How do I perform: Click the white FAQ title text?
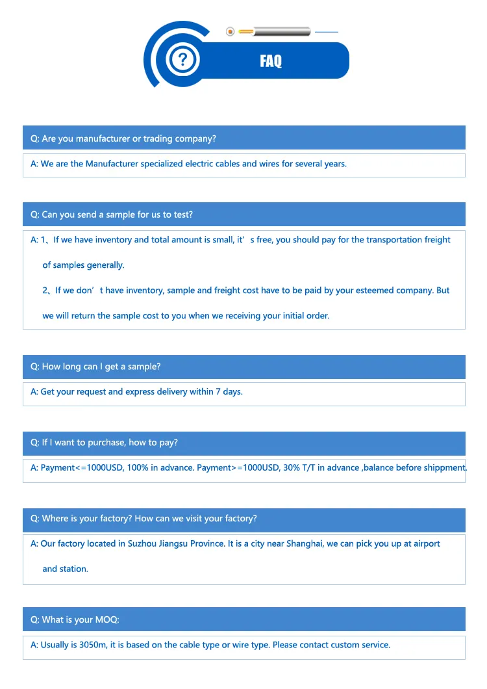(271, 61)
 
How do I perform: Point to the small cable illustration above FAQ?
(273, 31)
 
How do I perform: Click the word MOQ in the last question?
(106, 619)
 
